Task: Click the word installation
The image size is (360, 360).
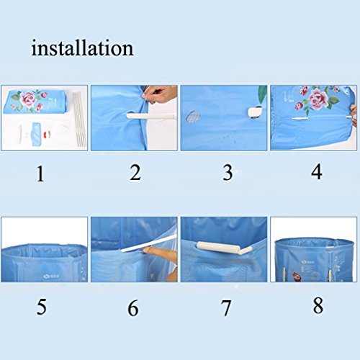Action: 82,48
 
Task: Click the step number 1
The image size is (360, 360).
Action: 40,174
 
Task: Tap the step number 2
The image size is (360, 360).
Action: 135,173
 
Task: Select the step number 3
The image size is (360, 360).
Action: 228,172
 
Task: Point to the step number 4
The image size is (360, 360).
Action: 317,172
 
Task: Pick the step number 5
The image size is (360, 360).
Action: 42,307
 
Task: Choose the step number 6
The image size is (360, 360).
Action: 133,307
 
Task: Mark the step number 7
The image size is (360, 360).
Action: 226,308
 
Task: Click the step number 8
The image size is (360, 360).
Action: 318,305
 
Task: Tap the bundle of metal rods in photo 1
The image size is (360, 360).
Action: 80,118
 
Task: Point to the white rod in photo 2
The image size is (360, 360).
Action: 150,116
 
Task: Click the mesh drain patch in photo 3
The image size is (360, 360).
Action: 193,116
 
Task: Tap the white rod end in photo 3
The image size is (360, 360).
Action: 255,112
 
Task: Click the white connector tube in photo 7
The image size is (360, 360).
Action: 224,248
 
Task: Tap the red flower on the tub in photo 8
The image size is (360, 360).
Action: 297,276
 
